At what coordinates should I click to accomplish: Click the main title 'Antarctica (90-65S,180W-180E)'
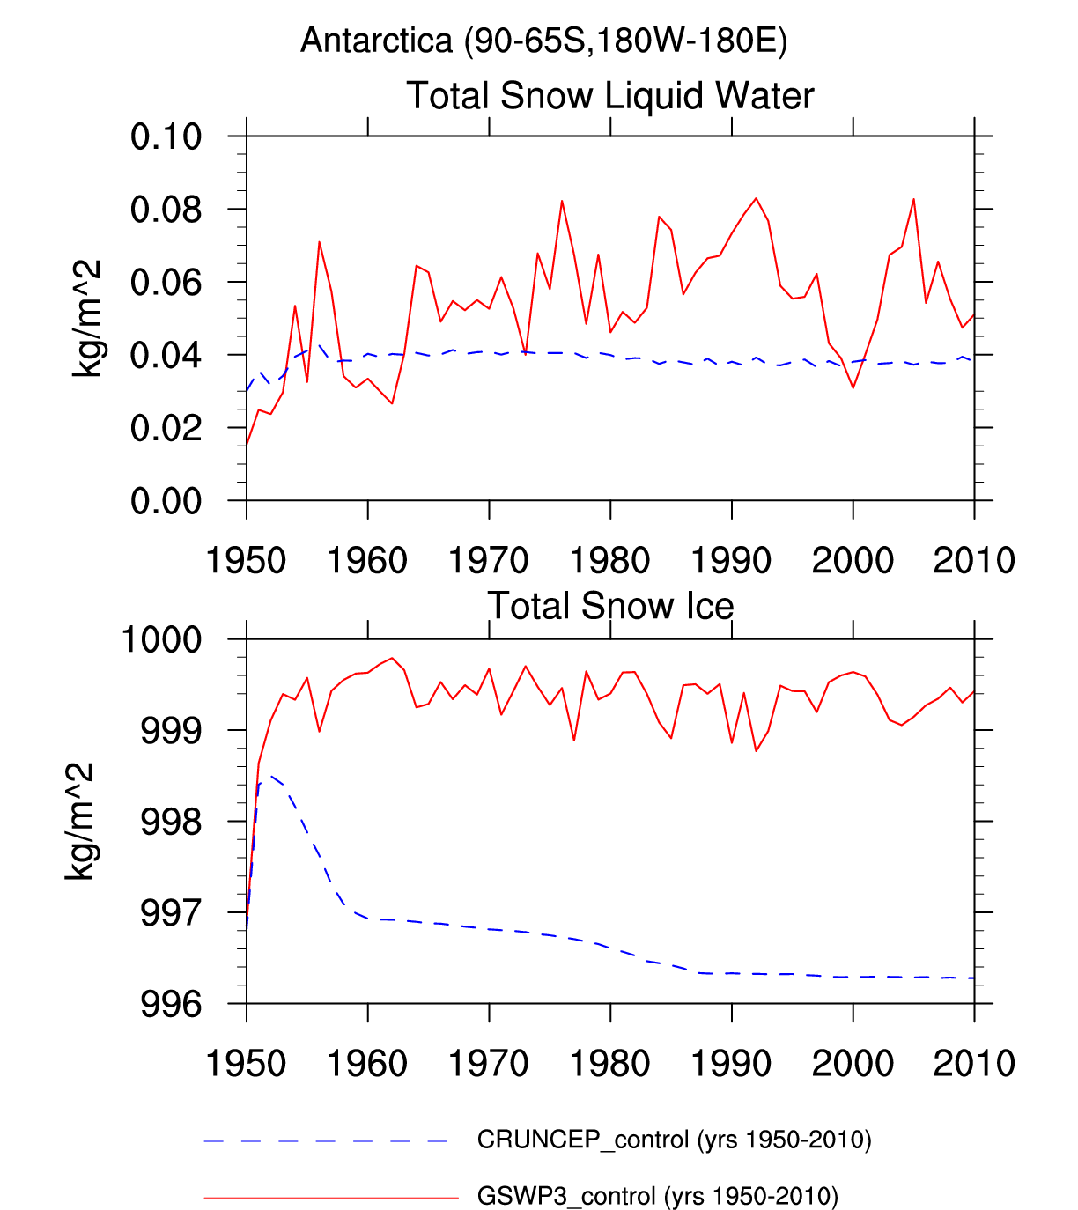543,41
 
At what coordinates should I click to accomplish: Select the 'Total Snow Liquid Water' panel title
609,95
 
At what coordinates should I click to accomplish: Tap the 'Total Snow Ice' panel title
609,606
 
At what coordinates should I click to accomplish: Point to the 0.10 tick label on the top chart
166,137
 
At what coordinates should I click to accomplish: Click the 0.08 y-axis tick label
166,210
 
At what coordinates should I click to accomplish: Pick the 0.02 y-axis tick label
166,429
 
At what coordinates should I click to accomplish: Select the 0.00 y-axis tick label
166,502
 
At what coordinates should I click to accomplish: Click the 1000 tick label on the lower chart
161,639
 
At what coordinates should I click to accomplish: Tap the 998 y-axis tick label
171,822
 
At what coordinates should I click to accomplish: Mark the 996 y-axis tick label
171,1004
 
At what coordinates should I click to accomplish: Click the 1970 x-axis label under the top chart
489,560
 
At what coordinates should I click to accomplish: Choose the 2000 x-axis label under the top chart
853,560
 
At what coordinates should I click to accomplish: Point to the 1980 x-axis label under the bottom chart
609,1063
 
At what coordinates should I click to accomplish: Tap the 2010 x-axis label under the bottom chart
974,1063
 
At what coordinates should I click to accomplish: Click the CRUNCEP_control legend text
674,1140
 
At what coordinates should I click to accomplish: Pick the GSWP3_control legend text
657,1197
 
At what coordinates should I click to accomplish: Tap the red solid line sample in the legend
331,1198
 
